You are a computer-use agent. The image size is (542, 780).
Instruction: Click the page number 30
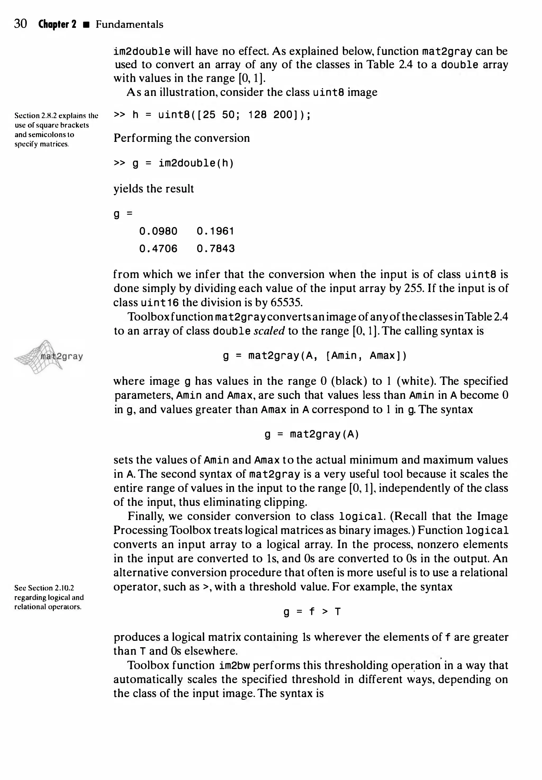pos(20,24)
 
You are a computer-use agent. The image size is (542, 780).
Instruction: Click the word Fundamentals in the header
pos(129,24)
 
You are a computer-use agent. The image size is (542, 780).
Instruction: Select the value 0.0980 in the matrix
pos(158,232)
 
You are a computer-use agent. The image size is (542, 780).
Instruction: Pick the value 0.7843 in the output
pos(216,249)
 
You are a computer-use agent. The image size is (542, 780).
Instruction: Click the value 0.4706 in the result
pos(158,249)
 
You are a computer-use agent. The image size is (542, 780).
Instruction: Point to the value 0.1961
pos(216,232)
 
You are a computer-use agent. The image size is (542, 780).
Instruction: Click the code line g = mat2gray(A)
pos(312,434)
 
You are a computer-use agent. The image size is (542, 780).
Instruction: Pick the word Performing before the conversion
pos(143,138)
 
